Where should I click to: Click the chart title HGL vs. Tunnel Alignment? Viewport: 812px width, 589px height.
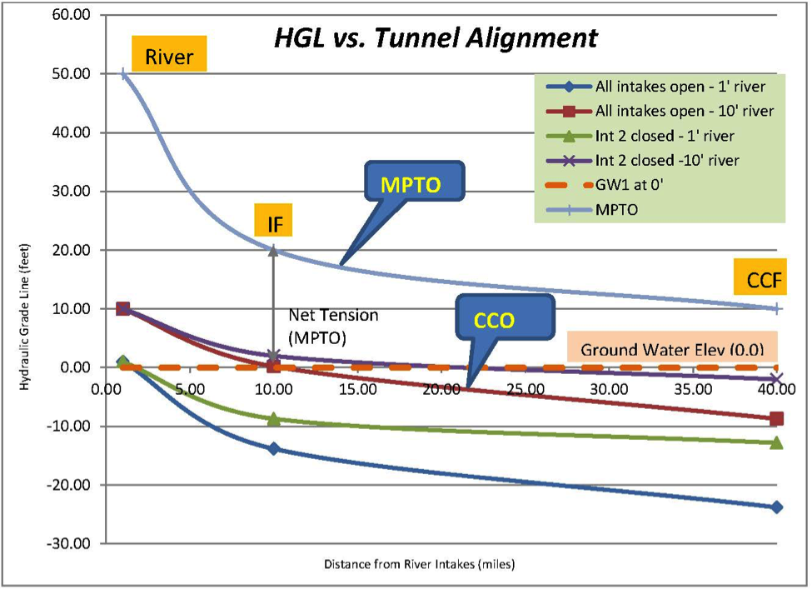click(436, 37)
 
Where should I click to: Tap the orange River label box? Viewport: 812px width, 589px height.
click(169, 53)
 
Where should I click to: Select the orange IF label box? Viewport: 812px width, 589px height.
click(273, 220)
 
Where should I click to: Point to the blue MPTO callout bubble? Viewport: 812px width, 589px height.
click(414, 182)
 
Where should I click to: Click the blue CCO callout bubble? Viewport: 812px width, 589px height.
click(505, 317)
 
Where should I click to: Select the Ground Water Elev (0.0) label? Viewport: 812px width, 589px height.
click(672, 347)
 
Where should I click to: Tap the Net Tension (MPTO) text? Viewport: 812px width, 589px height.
click(333, 327)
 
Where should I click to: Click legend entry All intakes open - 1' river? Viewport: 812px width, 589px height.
click(655, 87)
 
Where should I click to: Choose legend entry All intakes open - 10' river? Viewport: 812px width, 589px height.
click(660, 111)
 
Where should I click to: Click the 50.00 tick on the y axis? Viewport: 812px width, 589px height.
click(72, 73)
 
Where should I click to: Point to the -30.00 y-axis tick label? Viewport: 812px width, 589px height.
click(69, 543)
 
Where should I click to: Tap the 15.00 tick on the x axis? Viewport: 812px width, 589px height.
click(358, 389)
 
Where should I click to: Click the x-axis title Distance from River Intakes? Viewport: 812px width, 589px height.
click(420, 564)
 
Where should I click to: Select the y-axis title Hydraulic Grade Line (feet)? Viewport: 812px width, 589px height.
click(24, 317)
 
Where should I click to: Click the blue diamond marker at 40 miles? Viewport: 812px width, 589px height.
click(776, 507)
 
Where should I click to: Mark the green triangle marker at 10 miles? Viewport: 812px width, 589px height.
click(274, 418)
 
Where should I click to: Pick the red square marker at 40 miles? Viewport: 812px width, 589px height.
click(776, 418)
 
